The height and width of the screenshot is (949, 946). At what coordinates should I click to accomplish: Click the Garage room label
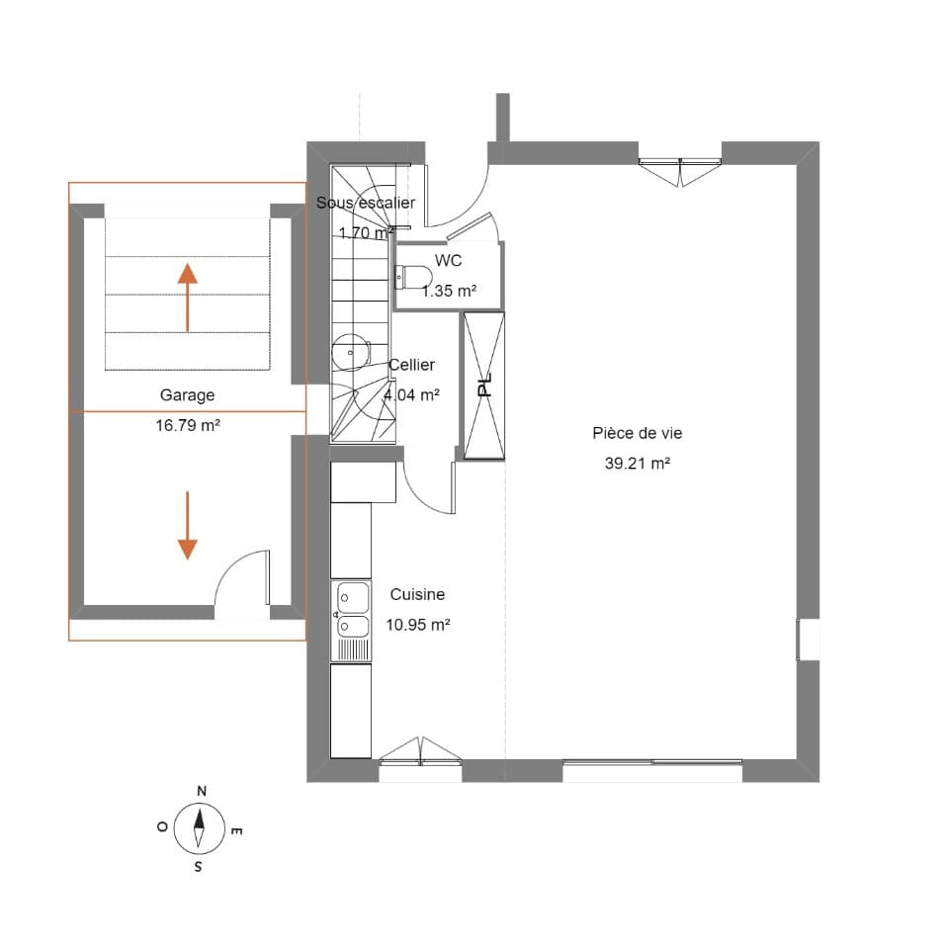pos(187,395)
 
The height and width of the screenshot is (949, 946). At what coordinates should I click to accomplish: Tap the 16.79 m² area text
pos(187,427)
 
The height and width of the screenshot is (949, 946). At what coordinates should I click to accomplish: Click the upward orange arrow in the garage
pos(187,298)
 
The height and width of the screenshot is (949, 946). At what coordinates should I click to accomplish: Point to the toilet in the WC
pos(414,275)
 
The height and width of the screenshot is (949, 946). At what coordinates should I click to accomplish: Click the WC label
pos(448,261)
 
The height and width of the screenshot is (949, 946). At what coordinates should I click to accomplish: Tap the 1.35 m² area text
pos(449,291)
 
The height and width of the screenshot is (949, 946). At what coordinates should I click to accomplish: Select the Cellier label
pos(411,365)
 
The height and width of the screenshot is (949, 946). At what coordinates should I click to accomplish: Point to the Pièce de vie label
pos(637,433)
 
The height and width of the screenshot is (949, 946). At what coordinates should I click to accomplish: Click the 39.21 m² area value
pos(637,463)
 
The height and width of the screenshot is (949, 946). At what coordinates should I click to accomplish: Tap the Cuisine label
pos(417,594)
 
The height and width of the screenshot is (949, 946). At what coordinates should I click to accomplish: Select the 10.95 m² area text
pos(419,625)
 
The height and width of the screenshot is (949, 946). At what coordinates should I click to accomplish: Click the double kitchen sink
pos(352,610)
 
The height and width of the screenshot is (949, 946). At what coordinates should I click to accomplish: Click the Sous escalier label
pos(365,203)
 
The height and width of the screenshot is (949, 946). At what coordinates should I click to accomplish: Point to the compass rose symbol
pos(199,828)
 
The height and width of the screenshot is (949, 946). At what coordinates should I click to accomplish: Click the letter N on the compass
pos(202,791)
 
